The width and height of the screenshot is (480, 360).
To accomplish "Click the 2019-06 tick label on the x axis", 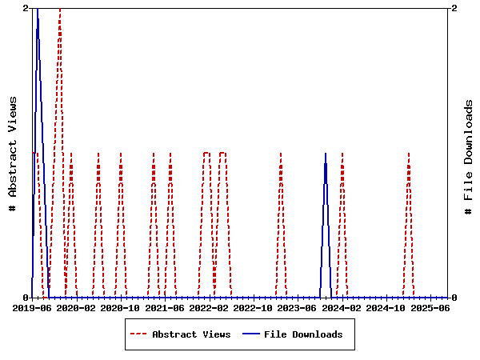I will (33, 307).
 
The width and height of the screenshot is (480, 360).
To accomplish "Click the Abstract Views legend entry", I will (191, 334).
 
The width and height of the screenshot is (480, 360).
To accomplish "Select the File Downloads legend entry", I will (303, 334).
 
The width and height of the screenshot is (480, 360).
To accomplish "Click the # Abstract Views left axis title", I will (13, 153).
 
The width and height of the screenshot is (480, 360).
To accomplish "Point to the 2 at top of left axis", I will (26, 8).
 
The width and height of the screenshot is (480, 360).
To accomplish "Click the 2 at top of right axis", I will (454, 8).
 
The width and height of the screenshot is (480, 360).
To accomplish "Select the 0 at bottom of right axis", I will (454, 298).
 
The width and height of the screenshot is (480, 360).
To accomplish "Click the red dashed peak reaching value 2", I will (60, 10).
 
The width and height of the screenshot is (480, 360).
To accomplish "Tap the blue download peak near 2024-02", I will (326, 154).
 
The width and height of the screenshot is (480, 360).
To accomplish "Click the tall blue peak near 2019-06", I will (37, 10).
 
